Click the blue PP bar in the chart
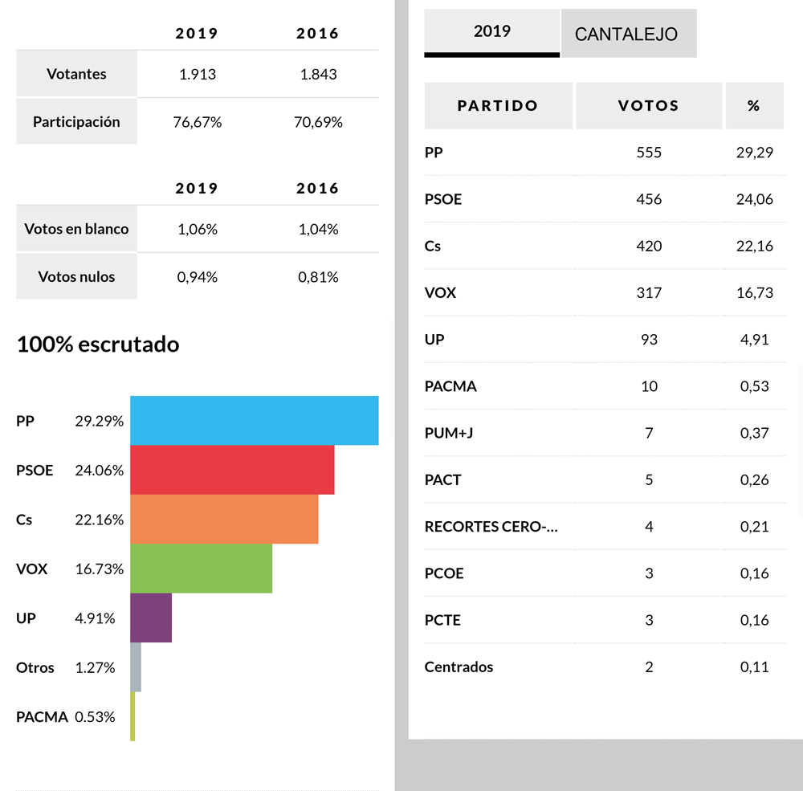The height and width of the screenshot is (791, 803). pos(254,420)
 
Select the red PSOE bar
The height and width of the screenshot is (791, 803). pos(232,470)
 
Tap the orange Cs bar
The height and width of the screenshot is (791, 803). pos(224,519)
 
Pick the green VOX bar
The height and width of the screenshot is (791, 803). pos(201,569)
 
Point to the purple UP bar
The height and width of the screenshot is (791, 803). pos(151,618)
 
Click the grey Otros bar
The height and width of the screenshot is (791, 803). pos(136,667)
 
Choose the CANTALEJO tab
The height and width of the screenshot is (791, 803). pos(626,35)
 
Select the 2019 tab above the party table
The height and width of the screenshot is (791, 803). pos(492,31)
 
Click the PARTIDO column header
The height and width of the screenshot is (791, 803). pos(498,106)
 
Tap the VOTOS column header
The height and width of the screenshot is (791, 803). pos(649,106)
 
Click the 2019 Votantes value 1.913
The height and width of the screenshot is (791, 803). pos(198,74)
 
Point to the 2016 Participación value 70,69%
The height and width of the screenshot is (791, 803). pos(319,122)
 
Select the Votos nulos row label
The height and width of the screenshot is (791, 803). pos(76,277)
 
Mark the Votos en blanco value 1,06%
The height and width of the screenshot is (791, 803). pos(198,229)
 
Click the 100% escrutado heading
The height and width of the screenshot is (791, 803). pos(98,345)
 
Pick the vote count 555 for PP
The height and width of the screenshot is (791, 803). pos(649,152)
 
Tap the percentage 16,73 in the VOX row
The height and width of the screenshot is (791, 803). pos(754,292)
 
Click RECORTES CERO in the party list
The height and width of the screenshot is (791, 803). pos(491,527)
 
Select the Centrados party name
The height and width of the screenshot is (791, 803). pos(459,667)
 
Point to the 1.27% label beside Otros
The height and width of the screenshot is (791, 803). pos(95,667)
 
